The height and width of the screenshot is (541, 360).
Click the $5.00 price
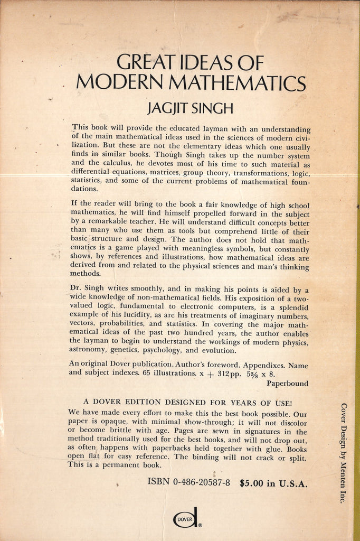pos(252,482)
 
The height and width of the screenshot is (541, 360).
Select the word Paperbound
pos(288,384)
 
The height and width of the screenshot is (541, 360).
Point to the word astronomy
pos(90,351)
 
